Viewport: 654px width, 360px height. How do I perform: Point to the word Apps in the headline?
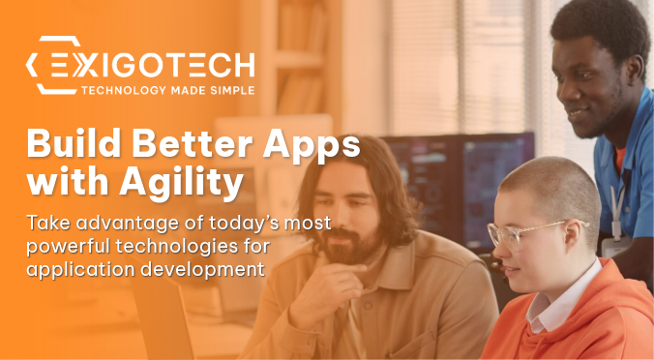click(x=312, y=147)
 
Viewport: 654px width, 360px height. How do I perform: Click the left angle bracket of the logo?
click(x=36, y=65)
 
